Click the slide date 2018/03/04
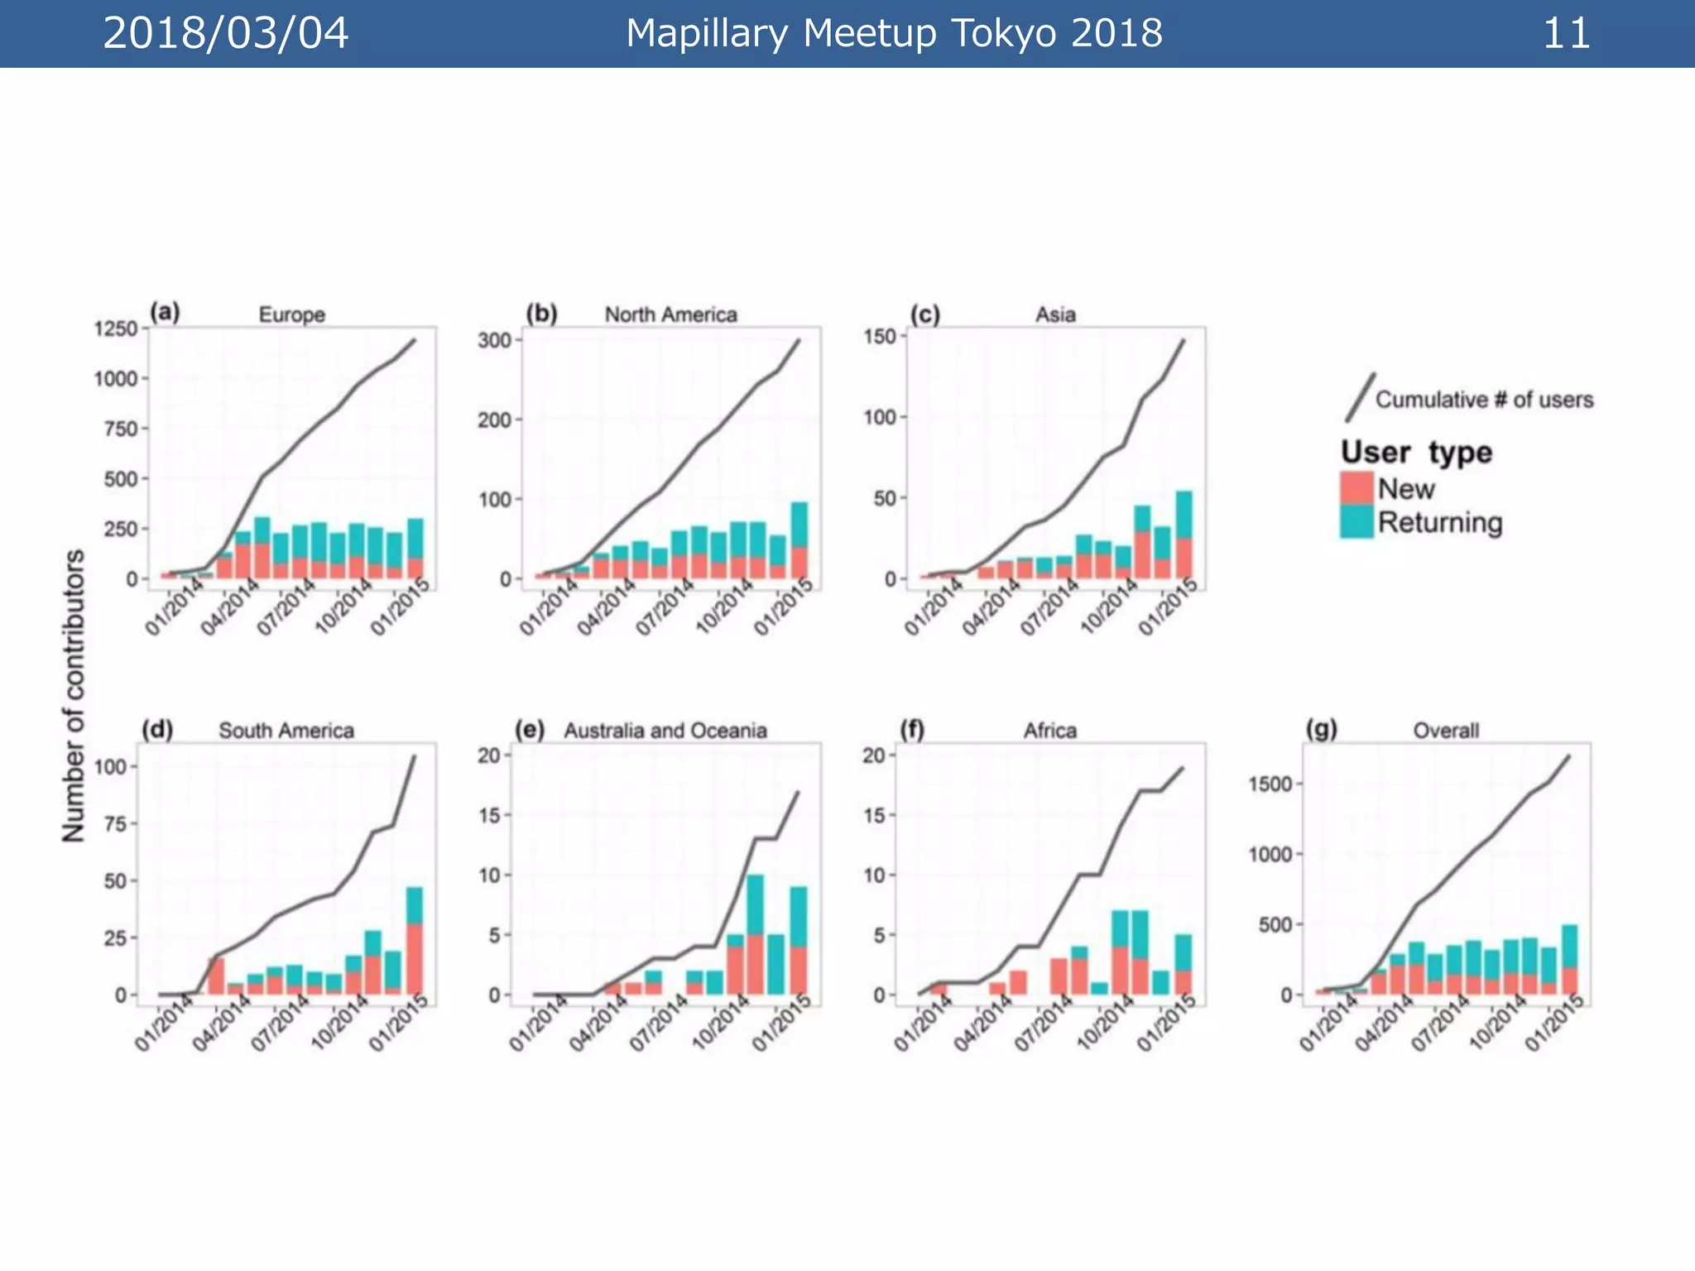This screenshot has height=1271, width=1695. (x=225, y=34)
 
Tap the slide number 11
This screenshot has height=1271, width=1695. (x=1566, y=34)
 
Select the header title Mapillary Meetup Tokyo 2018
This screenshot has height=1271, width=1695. (x=894, y=34)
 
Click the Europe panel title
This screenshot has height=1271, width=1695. (x=291, y=314)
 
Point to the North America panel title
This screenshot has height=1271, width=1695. (x=670, y=314)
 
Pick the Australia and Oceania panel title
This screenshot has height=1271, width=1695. (x=665, y=731)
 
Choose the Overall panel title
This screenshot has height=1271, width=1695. (x=1446, y=731)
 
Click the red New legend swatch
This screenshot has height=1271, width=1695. (x=1356, y=488)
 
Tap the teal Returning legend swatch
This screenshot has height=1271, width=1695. (x=1356, y=522)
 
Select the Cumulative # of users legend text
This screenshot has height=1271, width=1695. (x=1484, y=400)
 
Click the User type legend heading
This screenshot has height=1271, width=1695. (x=1416, y=452)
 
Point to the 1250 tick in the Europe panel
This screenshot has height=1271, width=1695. (x=116, y=329)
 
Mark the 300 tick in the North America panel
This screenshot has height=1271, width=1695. (x=494, y=340)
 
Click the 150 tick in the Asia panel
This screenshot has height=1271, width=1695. (x=879, y=336)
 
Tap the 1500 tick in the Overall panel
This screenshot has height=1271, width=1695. (x=1270, y=784)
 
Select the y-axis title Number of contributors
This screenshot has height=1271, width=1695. (x=74, y=696)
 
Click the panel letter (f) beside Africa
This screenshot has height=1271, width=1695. (x=912, y=730)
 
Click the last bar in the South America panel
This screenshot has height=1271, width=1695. (x=415, y=941)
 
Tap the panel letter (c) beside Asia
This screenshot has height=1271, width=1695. (x=925, y=314)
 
